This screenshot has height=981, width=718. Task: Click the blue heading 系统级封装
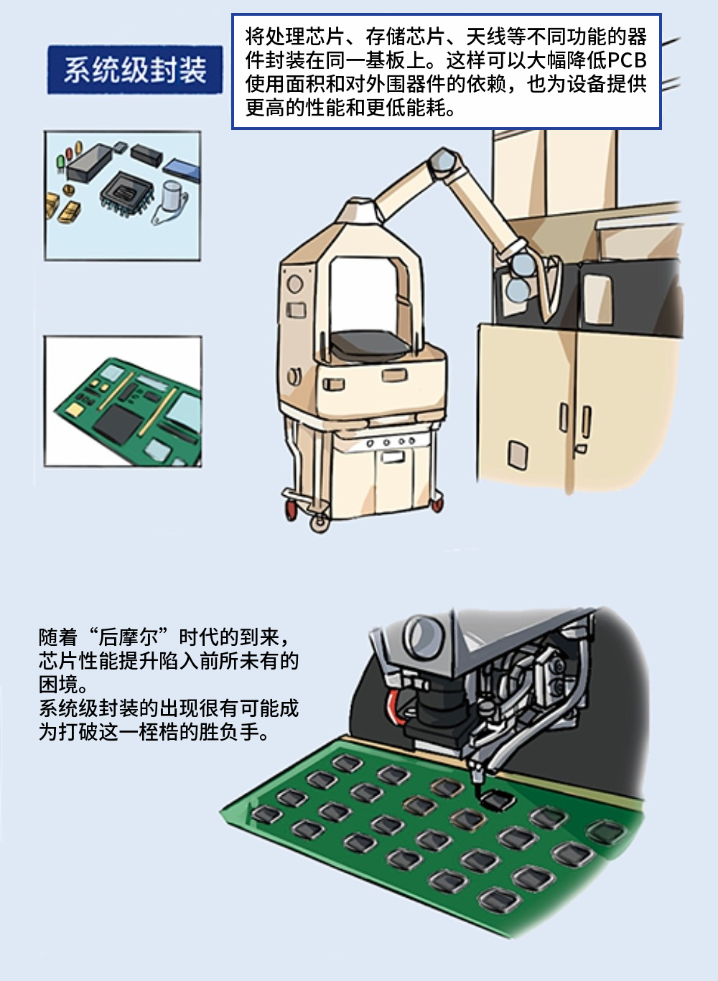tap(135, 70)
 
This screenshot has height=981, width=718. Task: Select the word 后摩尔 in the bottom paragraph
tap(129, 637)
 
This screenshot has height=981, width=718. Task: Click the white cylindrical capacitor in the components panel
tap(172, 196)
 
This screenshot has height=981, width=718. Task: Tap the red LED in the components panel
tap(69, 154)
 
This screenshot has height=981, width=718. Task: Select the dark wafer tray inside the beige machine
tap(370, 342)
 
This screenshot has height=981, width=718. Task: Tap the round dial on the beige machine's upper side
tap(295, 284)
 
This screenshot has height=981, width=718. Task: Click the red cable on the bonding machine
tap(395, 706)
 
